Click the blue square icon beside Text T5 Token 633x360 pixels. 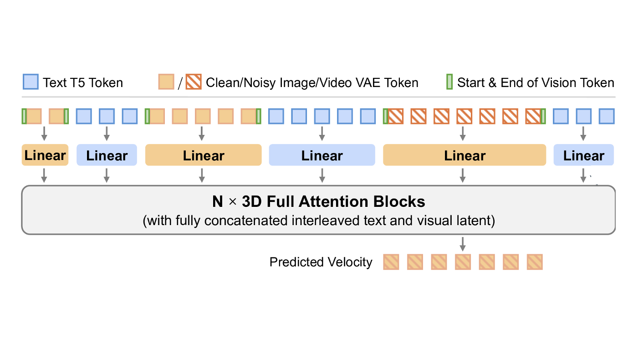click(31, 82)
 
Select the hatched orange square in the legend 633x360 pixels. click(193, 82)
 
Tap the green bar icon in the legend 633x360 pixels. click(449, 82)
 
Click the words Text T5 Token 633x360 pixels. click(83, 83)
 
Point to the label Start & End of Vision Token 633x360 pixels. click(536, 83)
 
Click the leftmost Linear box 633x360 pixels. click(45, 155)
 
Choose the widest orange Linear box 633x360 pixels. click(464, 155)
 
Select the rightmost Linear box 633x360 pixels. click(583, 155)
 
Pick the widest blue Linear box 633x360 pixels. click(322, 155)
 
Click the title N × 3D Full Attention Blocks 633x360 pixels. click(318, 201)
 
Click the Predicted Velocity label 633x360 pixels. click(321, 262)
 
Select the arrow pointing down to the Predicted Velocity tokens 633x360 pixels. click(463, 244)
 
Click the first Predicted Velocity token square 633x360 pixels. click(391, 262)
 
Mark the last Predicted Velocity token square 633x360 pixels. click(535, 262)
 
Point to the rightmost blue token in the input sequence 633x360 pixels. click(606, 116)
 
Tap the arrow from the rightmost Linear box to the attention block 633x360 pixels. click(583, 176)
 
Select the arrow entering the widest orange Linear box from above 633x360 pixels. click(463, 134)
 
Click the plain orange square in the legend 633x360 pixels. click(166, 82)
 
